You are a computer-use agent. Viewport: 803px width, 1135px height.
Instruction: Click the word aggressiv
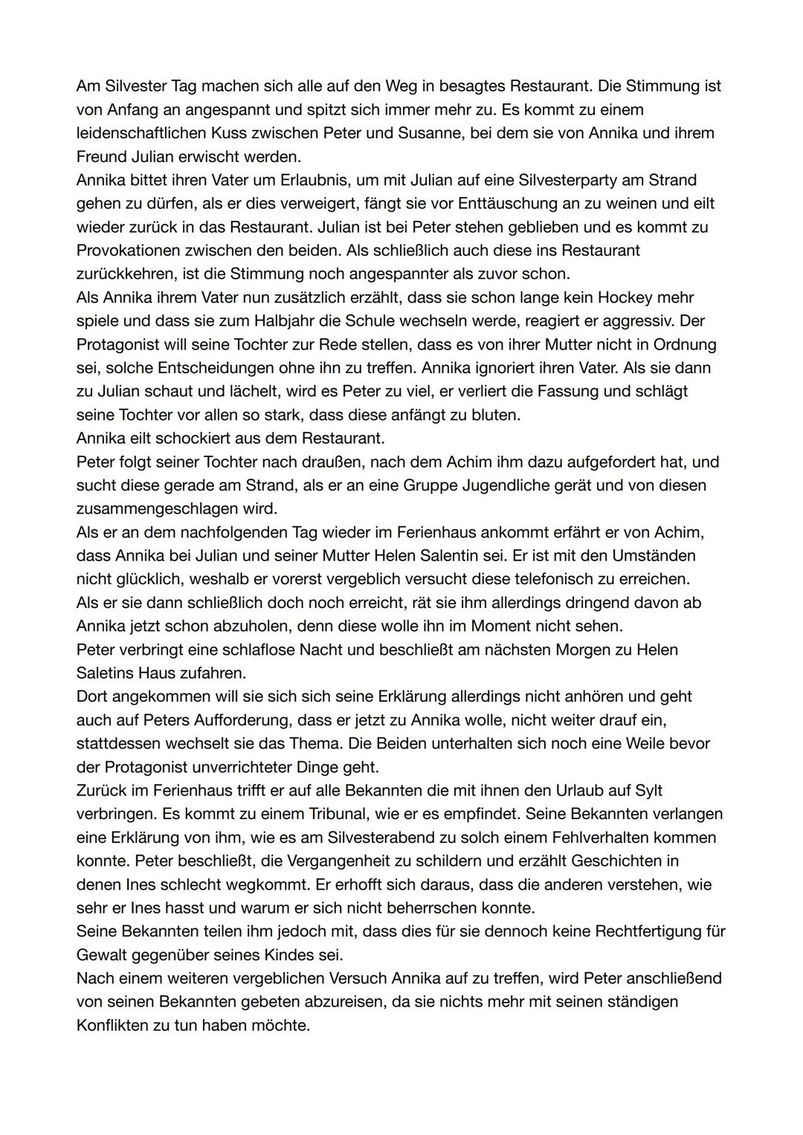(624, 321)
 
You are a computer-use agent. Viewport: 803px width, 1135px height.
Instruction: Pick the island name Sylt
(648, 790)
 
